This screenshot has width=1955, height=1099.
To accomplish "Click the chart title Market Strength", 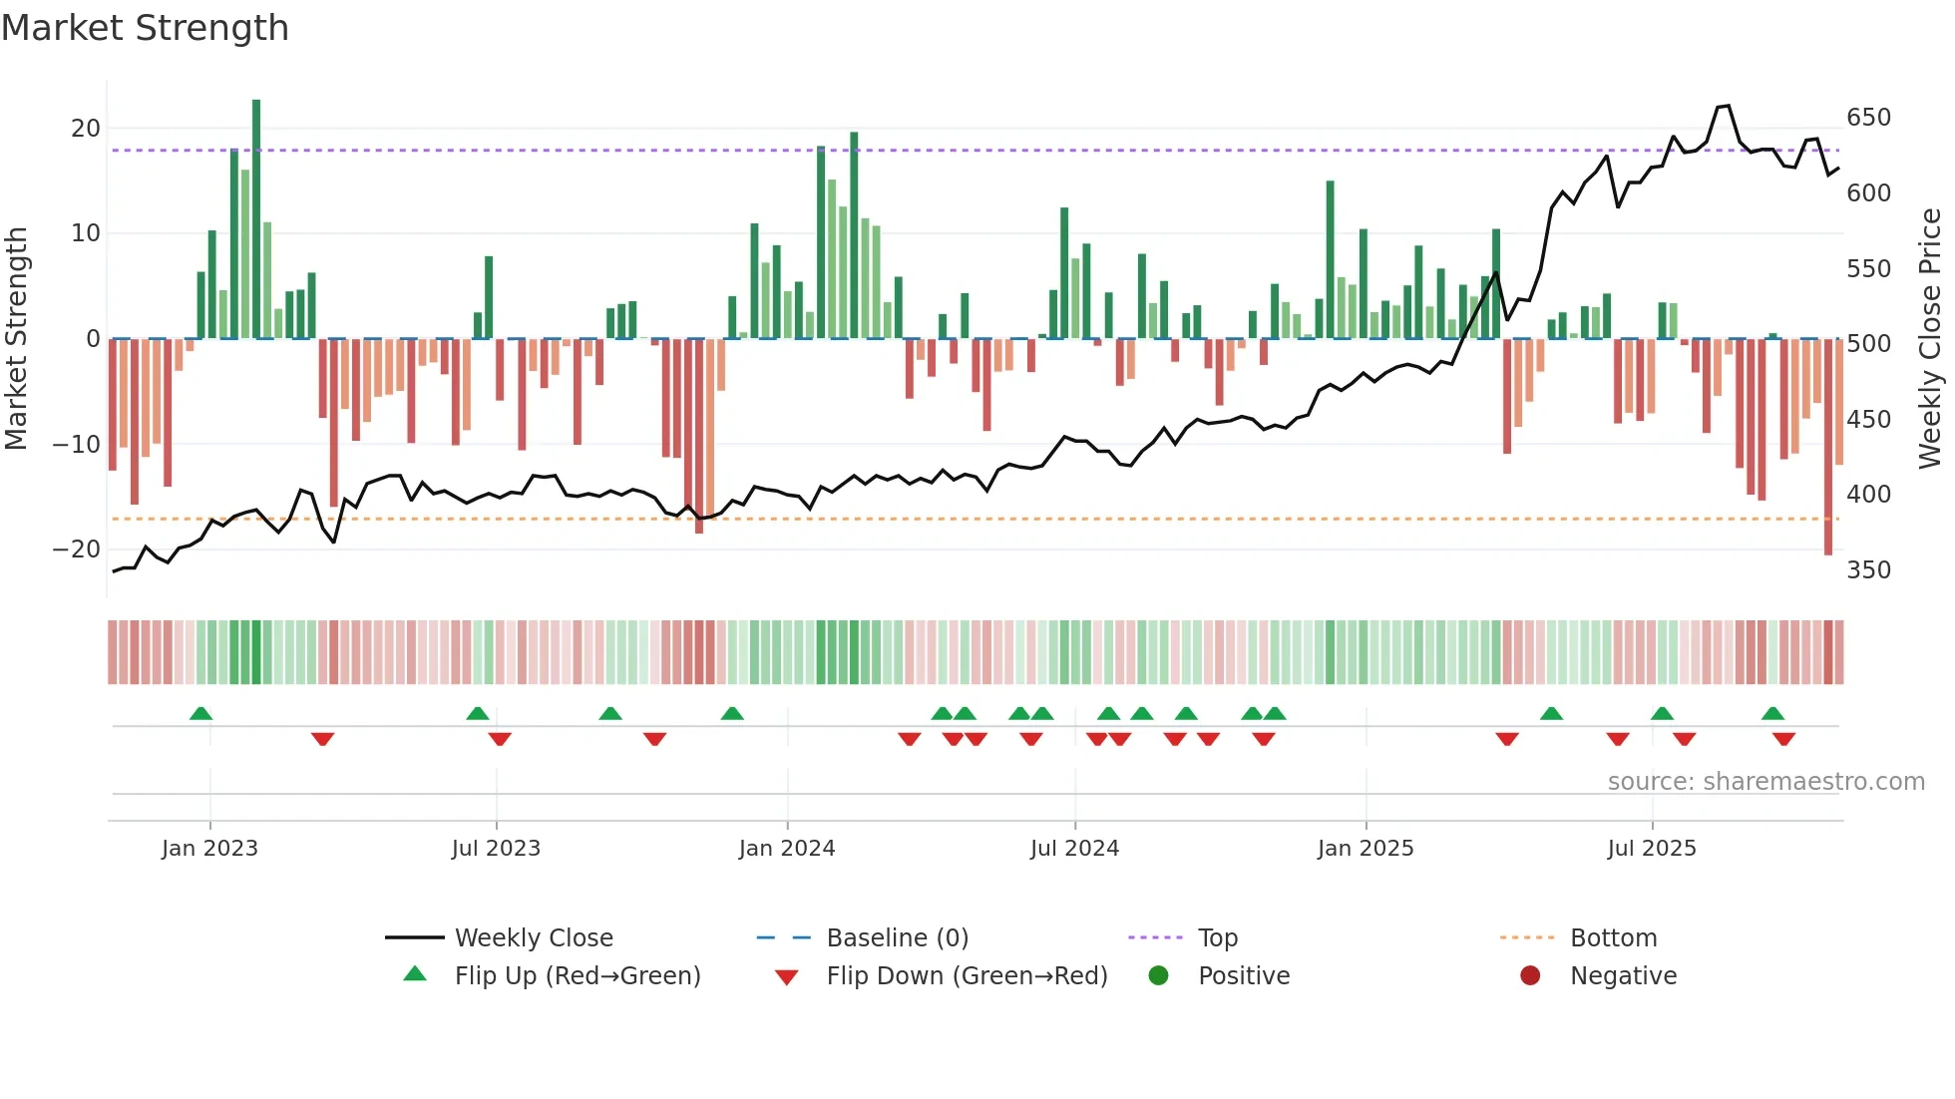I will pyautogui.click(x=145, y=28).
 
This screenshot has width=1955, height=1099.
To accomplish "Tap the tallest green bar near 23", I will pyautogui.click(x=256, y=219).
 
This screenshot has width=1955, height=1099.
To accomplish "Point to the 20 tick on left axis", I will pyautogui.click(x=86, y=129).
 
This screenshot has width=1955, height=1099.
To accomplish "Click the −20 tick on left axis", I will pyautogui.click(x=77, y=549).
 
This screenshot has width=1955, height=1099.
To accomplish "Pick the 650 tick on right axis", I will pyautogui.click(x=1868, y=118).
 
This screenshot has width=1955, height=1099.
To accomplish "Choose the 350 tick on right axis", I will pyautogui.click(x=1868, y=570).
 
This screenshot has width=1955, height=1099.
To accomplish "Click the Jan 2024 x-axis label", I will pyautogui.click(x=787, y=849).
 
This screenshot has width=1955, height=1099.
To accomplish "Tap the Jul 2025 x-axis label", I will pyautogui.click(x=1652, y=849).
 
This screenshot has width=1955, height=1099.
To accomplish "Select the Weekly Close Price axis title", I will pyautogui.click(x=1930, y=339).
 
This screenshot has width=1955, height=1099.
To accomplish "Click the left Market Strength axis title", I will pyautogui.click(x=17, y=339).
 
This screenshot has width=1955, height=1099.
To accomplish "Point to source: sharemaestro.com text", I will pyautogui.click(x=1765, y=782).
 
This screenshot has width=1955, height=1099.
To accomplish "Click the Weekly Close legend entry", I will pyautogui.click(x=534, y=938).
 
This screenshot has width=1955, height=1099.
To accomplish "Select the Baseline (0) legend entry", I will pyautogui.click(x=897, y=938).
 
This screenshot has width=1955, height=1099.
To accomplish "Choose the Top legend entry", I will pyautogui.click(x=1217, y=938).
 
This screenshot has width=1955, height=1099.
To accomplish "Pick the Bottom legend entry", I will pyautogui.click(x=1613, y=938).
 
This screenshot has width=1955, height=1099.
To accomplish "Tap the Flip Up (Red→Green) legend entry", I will pyautogui.click(x=578, y=976).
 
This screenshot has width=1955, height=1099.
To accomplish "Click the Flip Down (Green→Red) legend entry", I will pyautogui.click(x=967, y=976).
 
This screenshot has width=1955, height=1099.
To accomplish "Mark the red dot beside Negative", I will pyautogui.click(x=1530, y=975).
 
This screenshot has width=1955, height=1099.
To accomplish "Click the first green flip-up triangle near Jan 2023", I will pyautogui.click(x=200, y=714).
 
